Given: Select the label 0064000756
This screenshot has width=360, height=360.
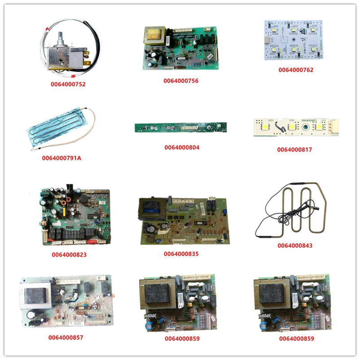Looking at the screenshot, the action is pyautogui.click(x=181, y=81).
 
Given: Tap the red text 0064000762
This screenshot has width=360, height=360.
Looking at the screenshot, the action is pyautogui.click(x=296, y=70).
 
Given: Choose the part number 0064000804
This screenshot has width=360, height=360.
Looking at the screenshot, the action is pyautogui.click(x=182, y=147).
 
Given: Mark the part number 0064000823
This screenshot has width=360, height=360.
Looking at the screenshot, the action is pyautogui.click(x=69, y=255).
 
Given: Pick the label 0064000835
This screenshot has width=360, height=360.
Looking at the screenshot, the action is pyautogui.click(x=181, y=254).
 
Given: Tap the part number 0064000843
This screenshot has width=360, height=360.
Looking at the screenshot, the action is pyautogui.click(x=295, y=246).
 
